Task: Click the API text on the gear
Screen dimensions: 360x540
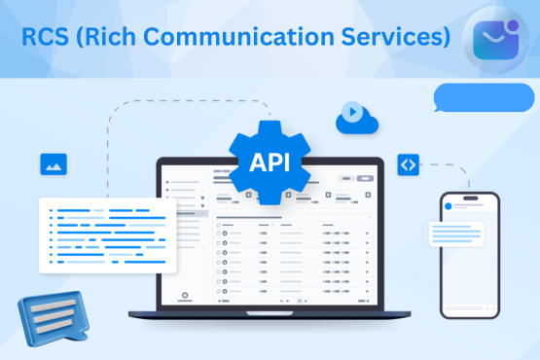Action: [x=270, y=161]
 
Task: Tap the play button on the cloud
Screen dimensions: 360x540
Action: [x=350, y=112]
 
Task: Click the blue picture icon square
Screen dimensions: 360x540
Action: [x=53, y=163]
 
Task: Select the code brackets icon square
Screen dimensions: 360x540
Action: [x=408, y=164]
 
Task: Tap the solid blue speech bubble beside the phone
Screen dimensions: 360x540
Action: [x=484, y=98]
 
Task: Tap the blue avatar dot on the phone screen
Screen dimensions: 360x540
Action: [x=448, y=206]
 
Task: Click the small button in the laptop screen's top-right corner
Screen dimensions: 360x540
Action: [x=365, y=179]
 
